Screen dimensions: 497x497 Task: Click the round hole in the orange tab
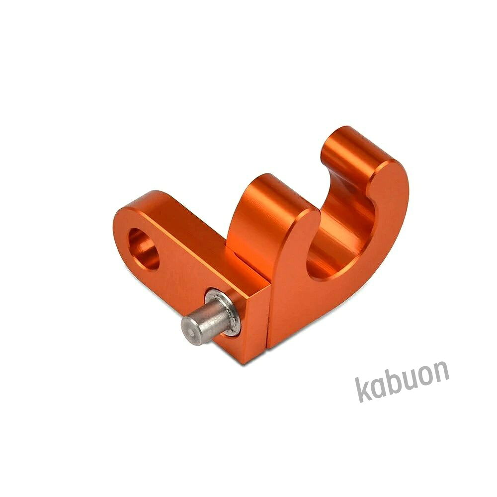pyautogui.click(x=143, y=249)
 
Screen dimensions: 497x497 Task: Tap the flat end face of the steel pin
pyautogui.click(x=191, y=331)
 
